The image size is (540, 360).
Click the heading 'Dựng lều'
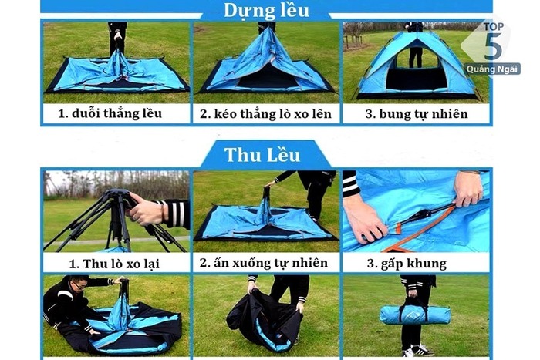coord(266,10)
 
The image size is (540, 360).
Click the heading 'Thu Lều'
coord(267,154)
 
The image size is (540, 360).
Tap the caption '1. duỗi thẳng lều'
coord(110,114)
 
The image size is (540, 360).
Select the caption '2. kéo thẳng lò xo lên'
coord(265,114)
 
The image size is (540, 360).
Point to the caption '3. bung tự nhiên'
coord(417,114)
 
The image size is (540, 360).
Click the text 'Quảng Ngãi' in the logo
coord(492,69)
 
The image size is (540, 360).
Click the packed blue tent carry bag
coord(416,315)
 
